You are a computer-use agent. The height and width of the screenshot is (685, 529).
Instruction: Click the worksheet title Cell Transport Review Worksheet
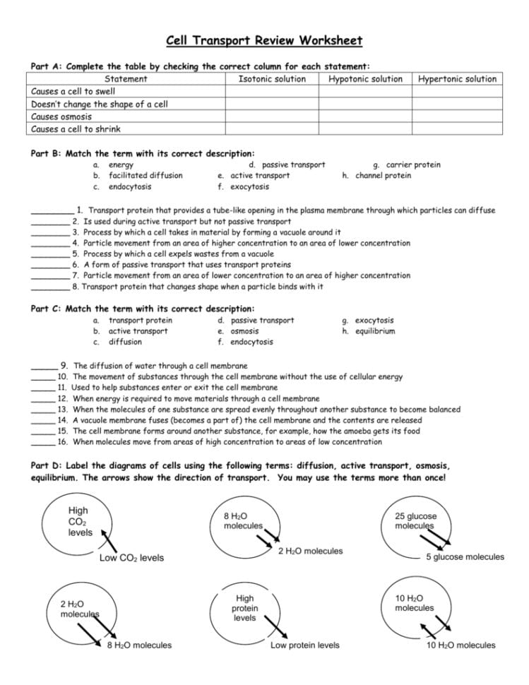(x=264, y=40)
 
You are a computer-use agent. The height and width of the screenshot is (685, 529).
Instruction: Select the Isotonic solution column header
(x=272, y=79)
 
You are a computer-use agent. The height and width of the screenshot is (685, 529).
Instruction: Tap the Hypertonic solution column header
(x=457, y=79)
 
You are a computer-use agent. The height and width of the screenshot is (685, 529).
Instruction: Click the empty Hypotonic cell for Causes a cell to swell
(x=365, y=92)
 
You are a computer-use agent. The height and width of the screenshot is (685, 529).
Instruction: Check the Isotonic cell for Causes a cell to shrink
(x=272, y=129)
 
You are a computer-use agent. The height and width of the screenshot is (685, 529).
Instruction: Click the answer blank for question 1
(x=52, y=210)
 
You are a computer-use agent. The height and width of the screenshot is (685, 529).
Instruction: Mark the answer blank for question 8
(x=50, y=287)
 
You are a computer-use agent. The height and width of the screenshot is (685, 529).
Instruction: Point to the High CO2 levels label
(x=79, y=521)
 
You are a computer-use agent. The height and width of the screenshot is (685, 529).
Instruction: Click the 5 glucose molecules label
(x=465, y=557)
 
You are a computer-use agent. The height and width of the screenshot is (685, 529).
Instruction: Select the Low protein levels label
(x=304, y=645)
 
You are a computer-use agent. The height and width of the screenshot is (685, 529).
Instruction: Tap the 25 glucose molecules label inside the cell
(x=415, y=521)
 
